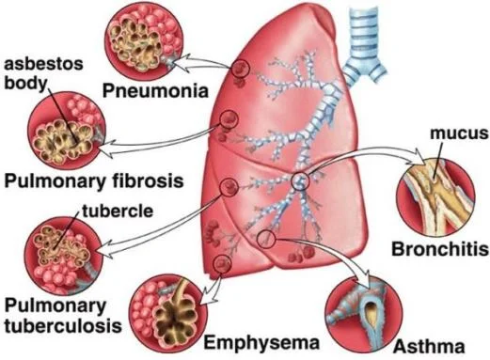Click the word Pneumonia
click(x=155, y=91)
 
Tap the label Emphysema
click(x=261, y=343)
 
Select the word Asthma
click(x=429, y=347)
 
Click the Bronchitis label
click(x=440, y=249)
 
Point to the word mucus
click(x=459, y=133)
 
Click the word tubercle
click(x=118, y=211)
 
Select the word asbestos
click(x=44, y=64)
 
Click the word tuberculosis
click(x=63, y=326)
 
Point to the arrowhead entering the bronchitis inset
click(x=419, y=156)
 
